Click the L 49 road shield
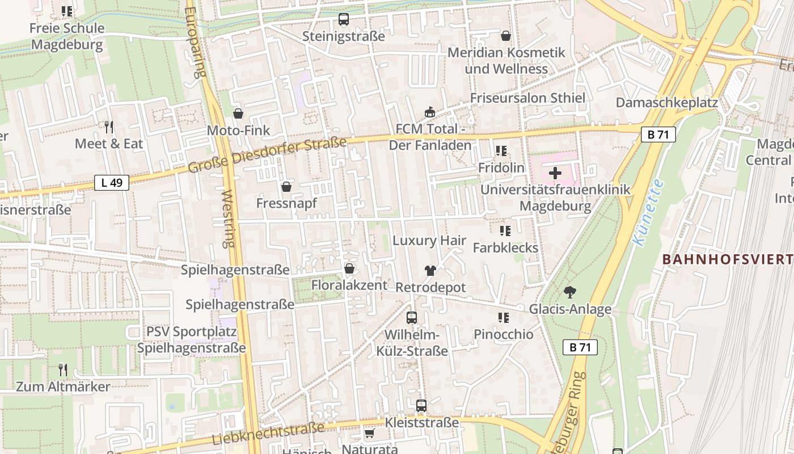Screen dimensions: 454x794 [x=112, y=182]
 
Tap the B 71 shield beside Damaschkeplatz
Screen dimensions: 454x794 [x=658, y=134]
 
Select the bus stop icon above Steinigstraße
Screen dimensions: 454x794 [x=344, y=19]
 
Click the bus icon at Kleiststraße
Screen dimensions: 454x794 [x=421, y=405]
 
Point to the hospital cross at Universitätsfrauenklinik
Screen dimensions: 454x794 [x=555, y=173]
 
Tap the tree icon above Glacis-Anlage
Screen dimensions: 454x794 [x=570, y=292]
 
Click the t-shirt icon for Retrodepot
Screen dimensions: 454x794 [x=430, y=271]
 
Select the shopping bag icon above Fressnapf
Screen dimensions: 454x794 [x=286, y=186]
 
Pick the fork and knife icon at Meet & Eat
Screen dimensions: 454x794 [x=109, y=127]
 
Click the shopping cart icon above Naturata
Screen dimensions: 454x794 [x=369, y=434]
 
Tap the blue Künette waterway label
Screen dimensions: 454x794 [x=648, y=213]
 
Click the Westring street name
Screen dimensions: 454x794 [x=229, y=218]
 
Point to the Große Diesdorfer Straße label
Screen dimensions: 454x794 [x=267, y=155]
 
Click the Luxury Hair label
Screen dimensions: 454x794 [x=429, y=241]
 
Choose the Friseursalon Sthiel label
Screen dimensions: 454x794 [x=527, y=98]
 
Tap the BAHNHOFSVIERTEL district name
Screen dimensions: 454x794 [x=727, y=259]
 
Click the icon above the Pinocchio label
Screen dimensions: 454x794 [x=503, y=318]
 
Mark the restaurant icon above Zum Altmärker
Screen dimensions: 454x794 [x=63, y=370]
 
